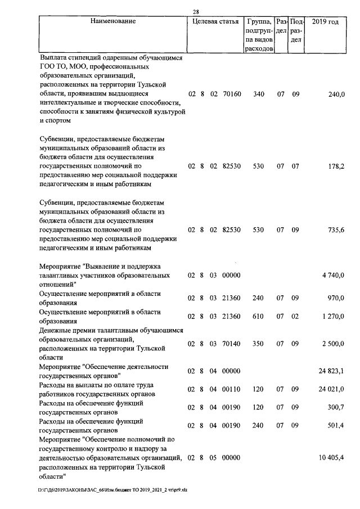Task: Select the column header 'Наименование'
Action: tap(112, 21)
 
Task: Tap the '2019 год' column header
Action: tap(325, 21)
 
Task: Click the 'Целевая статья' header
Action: tap(215, 21)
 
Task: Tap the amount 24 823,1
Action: tap(331, 371)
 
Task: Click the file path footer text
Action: tap(112, 490)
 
